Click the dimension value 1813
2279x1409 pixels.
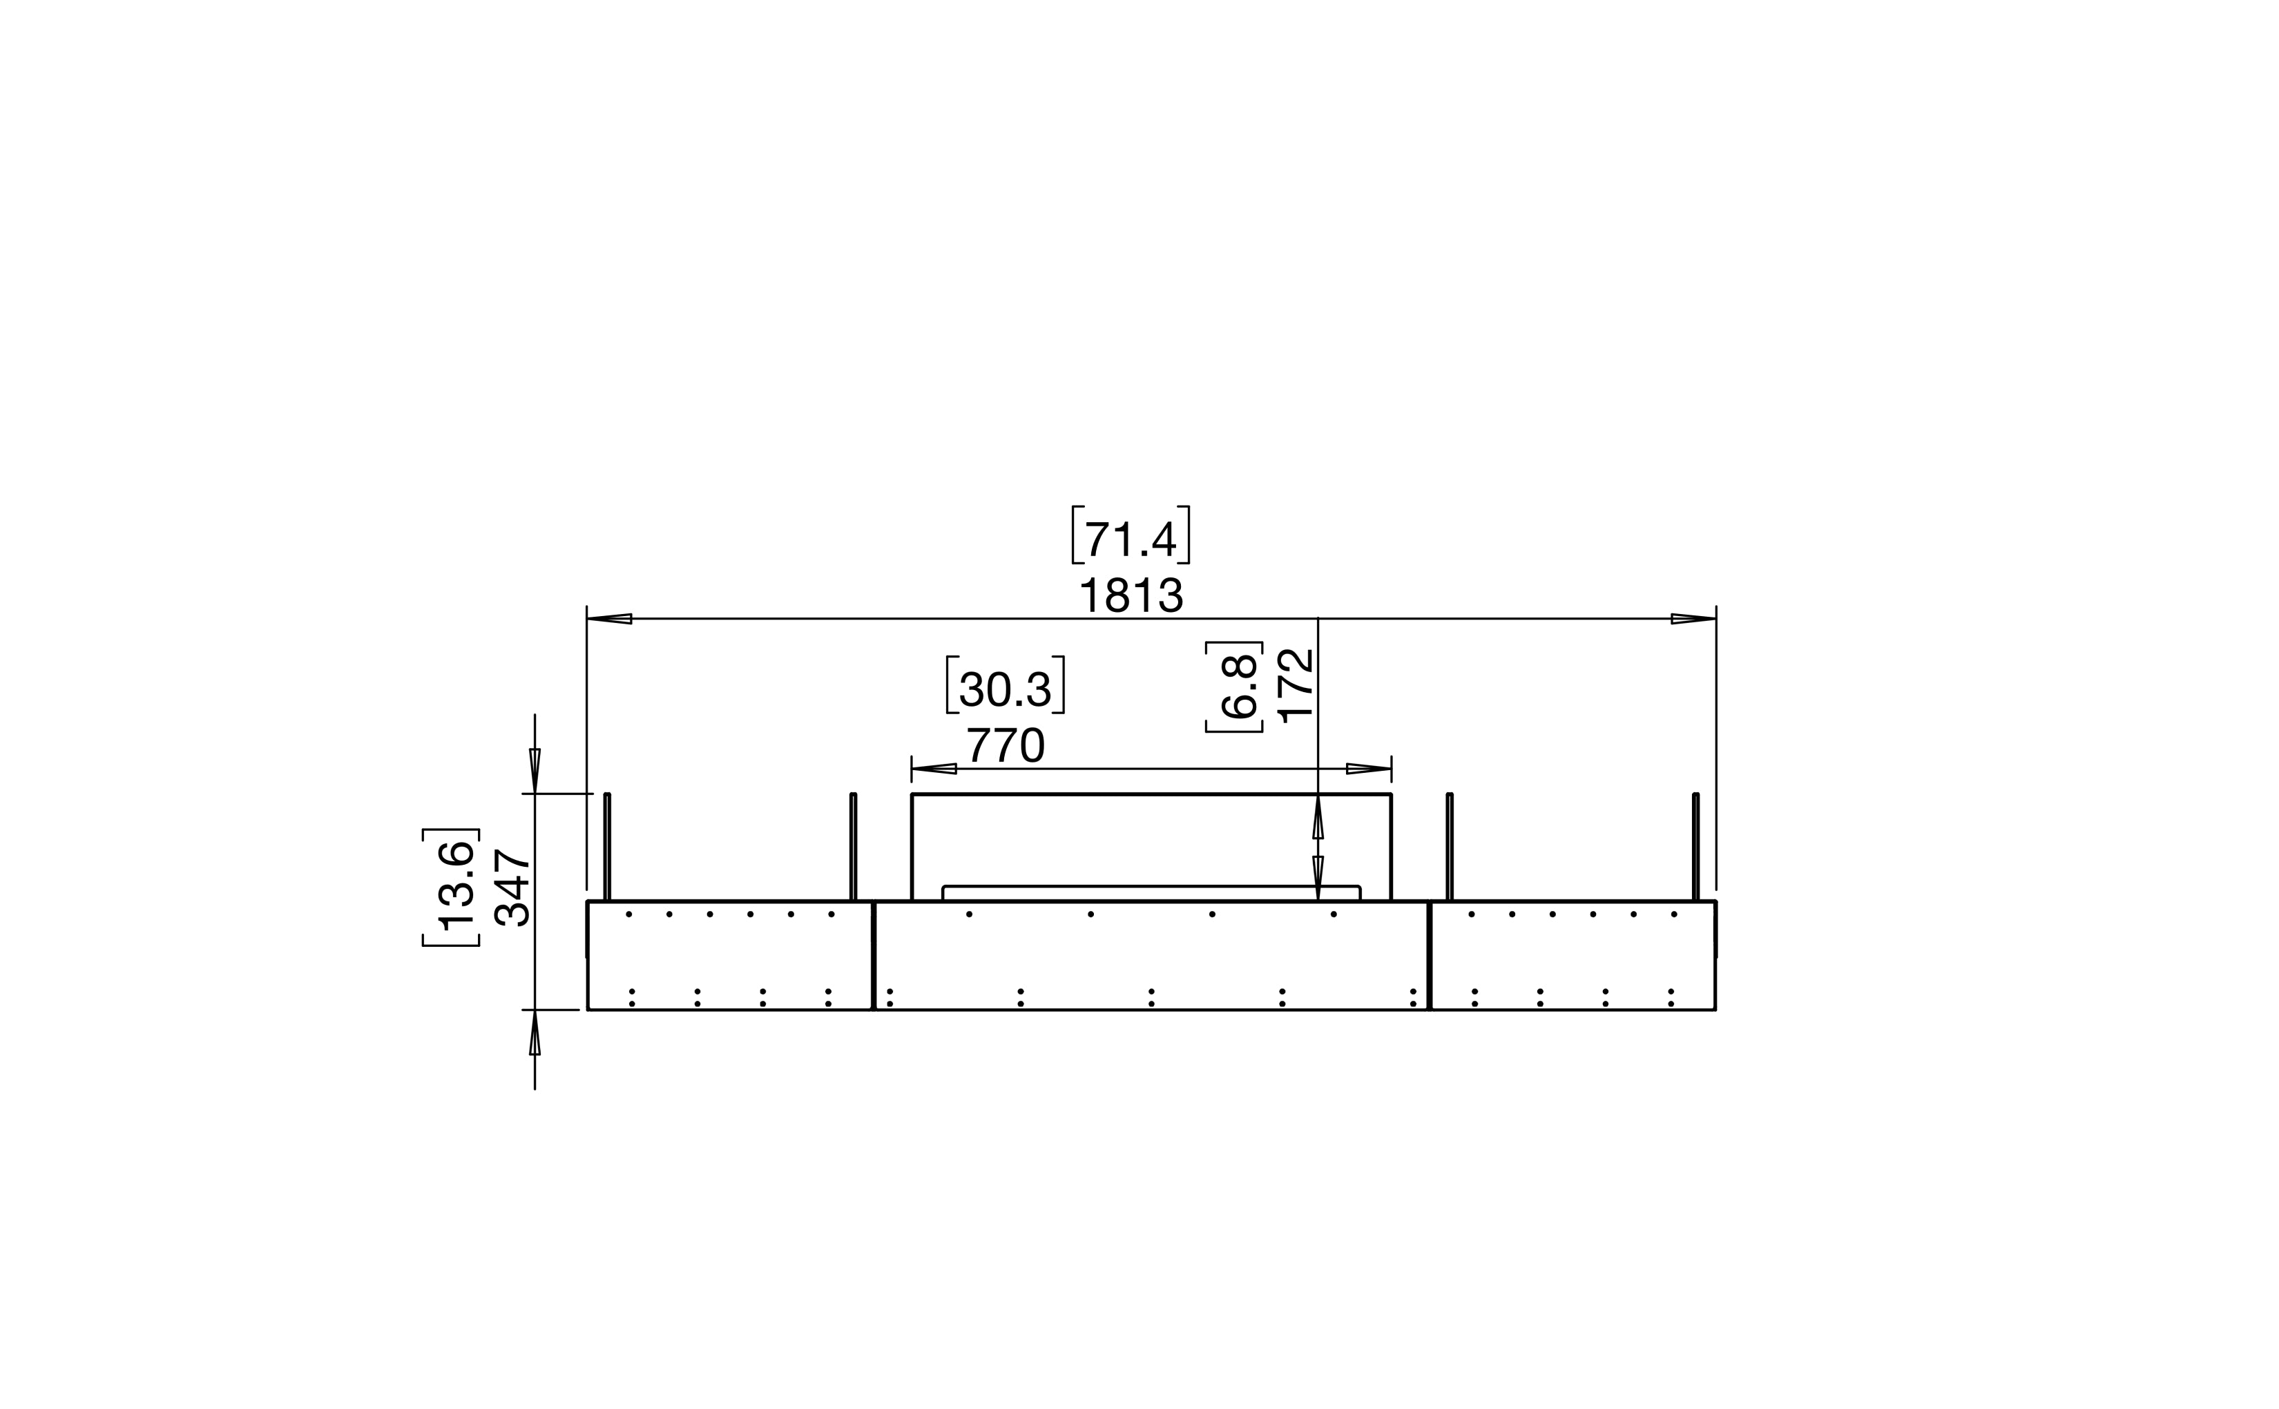1131,595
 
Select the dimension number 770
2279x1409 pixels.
1006,745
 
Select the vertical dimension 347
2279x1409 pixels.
512,887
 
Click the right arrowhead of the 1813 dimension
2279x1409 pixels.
1693,619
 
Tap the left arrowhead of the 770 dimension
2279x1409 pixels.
934,769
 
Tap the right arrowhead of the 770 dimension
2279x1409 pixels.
1369,769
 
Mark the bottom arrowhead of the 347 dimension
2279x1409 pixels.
535,1033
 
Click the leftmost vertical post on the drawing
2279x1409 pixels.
608,846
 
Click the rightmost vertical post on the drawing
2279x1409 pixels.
1695,846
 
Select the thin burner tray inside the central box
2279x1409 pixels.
1152,892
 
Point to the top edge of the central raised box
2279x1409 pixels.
1152,794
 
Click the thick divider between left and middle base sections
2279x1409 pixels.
873,955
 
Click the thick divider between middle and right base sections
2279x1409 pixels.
1430,955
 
